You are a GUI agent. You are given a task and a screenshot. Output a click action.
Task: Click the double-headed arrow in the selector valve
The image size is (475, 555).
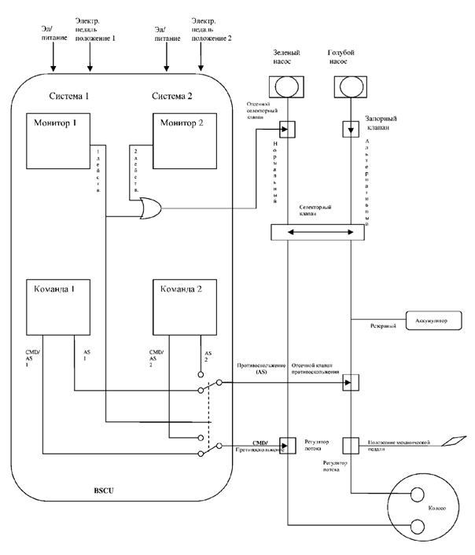point(318,233)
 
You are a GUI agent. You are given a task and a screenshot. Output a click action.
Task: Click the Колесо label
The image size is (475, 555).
point(435,509)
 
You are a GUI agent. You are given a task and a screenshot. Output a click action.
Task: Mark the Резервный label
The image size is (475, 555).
point(383,324)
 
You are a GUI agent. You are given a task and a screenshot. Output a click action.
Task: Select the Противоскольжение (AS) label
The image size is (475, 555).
point(260,370)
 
